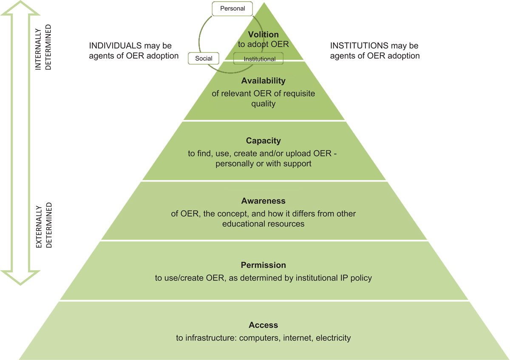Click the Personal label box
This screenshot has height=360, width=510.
click(232, 9)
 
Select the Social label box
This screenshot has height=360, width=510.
click(204, 58)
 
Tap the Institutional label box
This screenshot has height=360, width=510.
click(258, 59)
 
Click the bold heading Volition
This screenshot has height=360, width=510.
click(263, 34)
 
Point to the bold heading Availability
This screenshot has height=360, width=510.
click(263, 81)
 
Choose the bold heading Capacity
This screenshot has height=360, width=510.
click(263, 141)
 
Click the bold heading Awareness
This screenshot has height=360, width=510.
click(263, 201)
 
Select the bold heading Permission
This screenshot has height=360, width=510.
click(263, 265)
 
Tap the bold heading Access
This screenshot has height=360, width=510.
click(263, 325)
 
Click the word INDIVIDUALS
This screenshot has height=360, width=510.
click(115, 45)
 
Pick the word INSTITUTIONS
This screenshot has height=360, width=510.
click(359, 45)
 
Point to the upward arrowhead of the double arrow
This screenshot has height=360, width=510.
click(20, 8)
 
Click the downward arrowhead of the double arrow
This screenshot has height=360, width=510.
click(20, 278)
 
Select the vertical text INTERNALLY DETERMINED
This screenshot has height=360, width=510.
click(43, 47)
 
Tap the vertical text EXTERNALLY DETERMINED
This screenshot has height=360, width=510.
click(44, 225)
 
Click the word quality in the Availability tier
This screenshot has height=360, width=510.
click(263, 104)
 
